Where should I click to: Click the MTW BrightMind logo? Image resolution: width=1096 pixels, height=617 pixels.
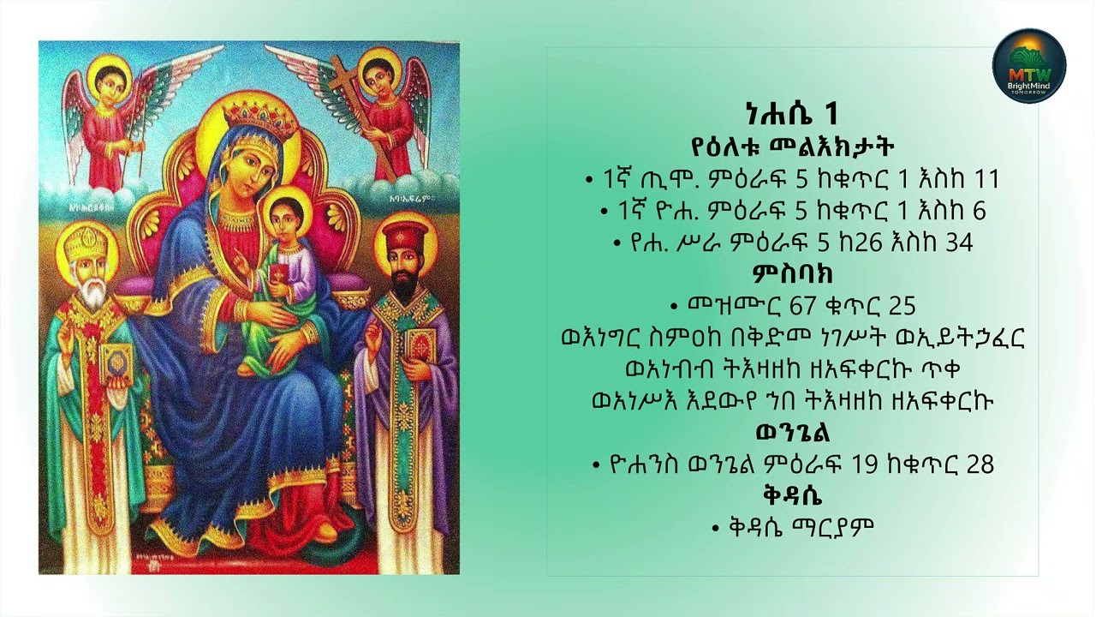tap(1028, 65)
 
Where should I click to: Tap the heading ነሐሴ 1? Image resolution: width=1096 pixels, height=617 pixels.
tap(791, 114)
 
